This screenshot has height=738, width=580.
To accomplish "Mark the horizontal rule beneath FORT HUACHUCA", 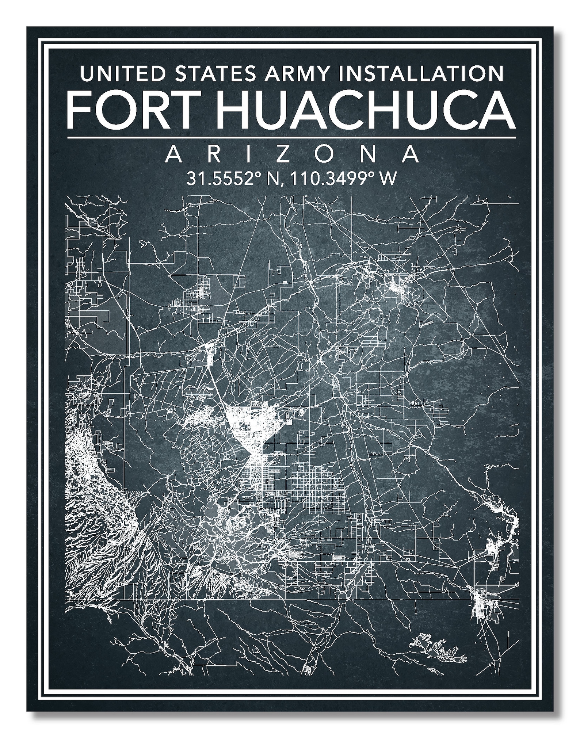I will point(291,138).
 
